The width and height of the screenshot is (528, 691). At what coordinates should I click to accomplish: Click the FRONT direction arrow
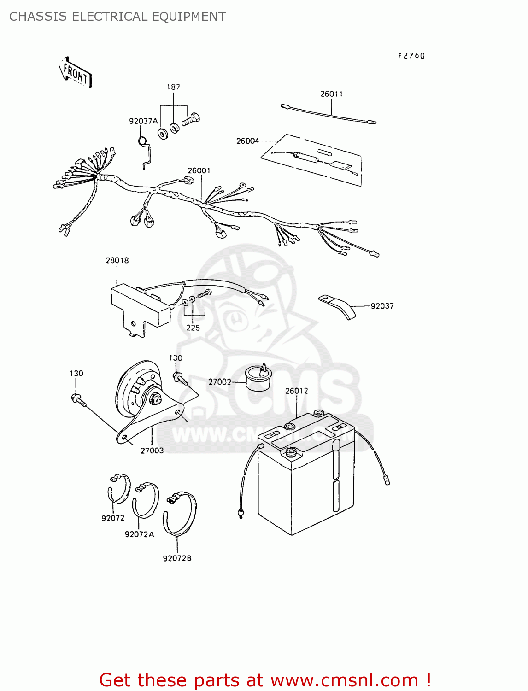75,73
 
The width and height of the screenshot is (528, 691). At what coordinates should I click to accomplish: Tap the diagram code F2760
411,56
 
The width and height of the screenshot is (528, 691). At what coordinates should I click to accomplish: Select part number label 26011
331,94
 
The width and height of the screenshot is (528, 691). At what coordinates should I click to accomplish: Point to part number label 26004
247,141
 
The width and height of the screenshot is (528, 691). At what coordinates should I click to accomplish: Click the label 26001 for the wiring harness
199,170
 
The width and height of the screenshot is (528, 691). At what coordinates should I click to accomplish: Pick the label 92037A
143,121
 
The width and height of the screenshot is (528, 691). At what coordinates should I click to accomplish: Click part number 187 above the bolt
173,87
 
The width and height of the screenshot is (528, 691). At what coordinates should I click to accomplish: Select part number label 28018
117,260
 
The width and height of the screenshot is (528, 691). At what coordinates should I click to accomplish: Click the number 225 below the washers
193,328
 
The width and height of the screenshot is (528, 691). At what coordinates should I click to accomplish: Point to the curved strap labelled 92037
337,306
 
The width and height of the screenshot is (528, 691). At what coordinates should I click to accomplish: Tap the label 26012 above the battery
296,391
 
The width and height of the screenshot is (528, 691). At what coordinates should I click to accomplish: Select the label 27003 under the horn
152,451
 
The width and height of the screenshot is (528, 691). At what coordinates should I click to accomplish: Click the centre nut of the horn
156,399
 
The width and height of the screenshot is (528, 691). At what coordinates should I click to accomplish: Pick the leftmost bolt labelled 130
78,400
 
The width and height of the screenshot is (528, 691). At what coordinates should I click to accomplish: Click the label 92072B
177,558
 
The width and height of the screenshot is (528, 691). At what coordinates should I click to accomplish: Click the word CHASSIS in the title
38,17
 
